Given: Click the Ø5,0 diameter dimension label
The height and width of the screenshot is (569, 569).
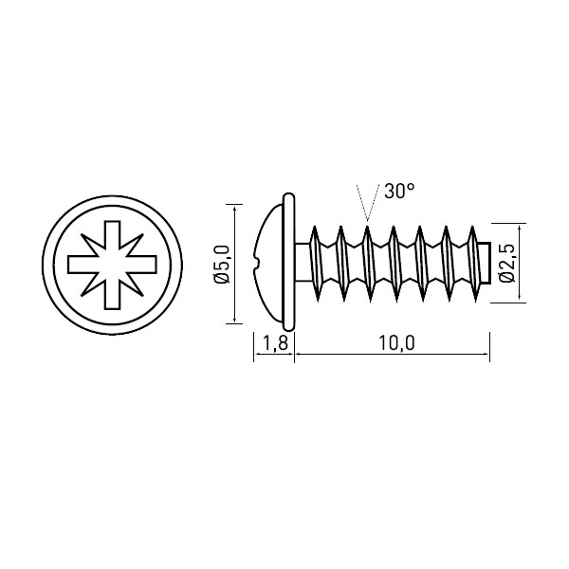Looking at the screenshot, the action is [x=223, y=264].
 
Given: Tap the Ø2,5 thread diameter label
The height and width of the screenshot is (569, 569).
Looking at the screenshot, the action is [x=506, y=263].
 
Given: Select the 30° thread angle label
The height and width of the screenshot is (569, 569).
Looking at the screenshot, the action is [x=399, y=191].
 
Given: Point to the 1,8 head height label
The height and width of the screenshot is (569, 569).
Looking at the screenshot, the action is [x=275, y=343].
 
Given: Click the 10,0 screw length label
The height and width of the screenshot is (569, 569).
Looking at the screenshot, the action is [x=396, y=343].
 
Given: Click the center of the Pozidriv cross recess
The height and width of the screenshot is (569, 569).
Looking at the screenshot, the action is [x=112, y=265].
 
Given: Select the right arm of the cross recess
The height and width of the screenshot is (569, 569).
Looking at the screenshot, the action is [x=144, y=265].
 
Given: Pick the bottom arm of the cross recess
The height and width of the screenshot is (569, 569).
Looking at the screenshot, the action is [x=112, y=297].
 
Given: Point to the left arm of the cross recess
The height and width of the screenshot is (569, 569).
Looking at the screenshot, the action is [x=81, y=265].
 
